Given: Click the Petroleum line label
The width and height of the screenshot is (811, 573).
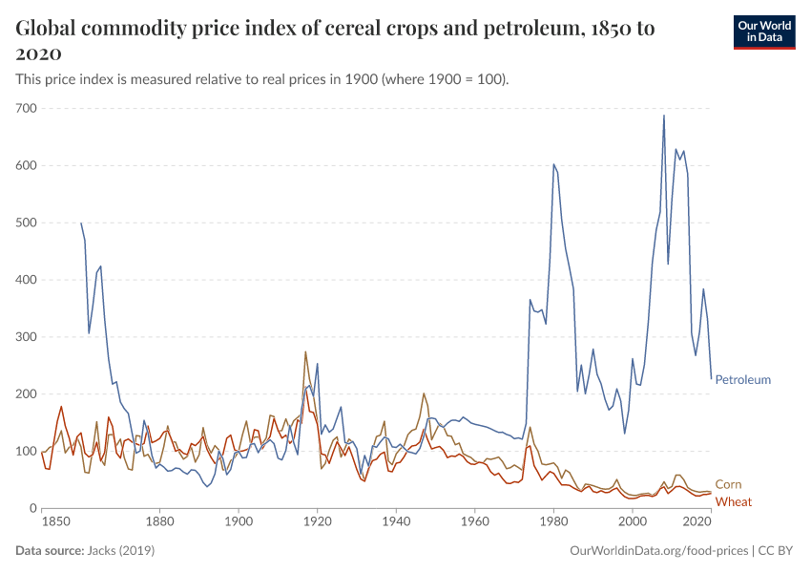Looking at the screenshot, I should click(x=742, y=379).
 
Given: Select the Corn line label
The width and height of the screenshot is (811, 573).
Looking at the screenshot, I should click(x=728, y=484).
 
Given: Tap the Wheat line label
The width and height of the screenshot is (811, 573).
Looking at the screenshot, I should click(x=734, y=501).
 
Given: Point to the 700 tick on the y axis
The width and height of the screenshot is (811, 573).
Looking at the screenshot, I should click(x=26, y=108).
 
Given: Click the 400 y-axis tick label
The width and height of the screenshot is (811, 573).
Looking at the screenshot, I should click(x=26, y=280).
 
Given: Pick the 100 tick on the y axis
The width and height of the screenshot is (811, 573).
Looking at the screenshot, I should click(x=26, y=451).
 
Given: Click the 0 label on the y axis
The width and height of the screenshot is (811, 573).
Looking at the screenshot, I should click(x=32, y=508).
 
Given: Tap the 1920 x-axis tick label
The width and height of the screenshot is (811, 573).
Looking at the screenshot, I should click(x=317, y=522).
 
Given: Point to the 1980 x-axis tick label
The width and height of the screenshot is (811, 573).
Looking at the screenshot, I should click(x=553, y=522).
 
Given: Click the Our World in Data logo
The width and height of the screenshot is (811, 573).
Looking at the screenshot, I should click(x=763, y=32).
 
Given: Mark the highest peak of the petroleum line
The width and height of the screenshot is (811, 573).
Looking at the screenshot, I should click(x=664, y=116).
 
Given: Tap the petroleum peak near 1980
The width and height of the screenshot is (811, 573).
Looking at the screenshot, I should click(x=553, y=164).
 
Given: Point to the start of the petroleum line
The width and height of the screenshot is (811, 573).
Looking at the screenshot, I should click(x=81, y=223).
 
